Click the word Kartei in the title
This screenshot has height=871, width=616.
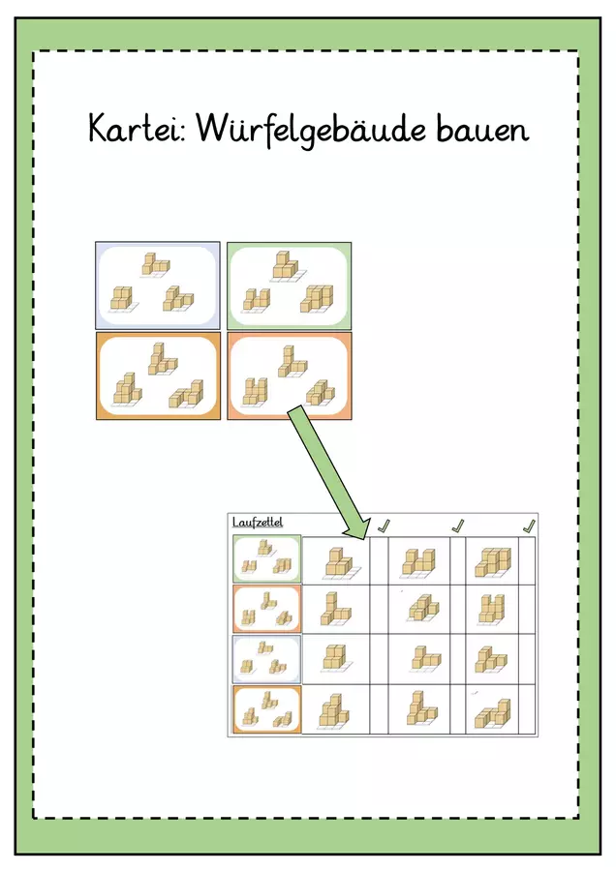tap(137, 129)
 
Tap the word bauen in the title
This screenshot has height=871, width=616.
tap(481, 129)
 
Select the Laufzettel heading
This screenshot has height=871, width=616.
tap(258, 523)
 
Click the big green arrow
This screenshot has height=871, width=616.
tap(328, 472)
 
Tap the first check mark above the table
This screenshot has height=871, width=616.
tap(385, 525)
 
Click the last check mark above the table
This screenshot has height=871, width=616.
tap(530, 526)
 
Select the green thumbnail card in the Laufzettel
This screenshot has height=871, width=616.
tap(267, 558)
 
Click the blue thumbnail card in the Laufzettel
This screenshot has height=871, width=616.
tap(267, 659)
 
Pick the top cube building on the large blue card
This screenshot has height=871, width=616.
tap(155, 264)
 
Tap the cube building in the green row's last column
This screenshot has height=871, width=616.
tap(493, 562)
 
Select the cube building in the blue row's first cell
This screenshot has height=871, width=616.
tap(336, 658)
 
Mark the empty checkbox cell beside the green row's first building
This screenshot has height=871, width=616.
tap(379, 560)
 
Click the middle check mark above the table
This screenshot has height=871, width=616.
tap(457, 526)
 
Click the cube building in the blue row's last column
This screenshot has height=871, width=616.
tap(491, 660)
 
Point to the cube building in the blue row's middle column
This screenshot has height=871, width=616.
tap(426, 658)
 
